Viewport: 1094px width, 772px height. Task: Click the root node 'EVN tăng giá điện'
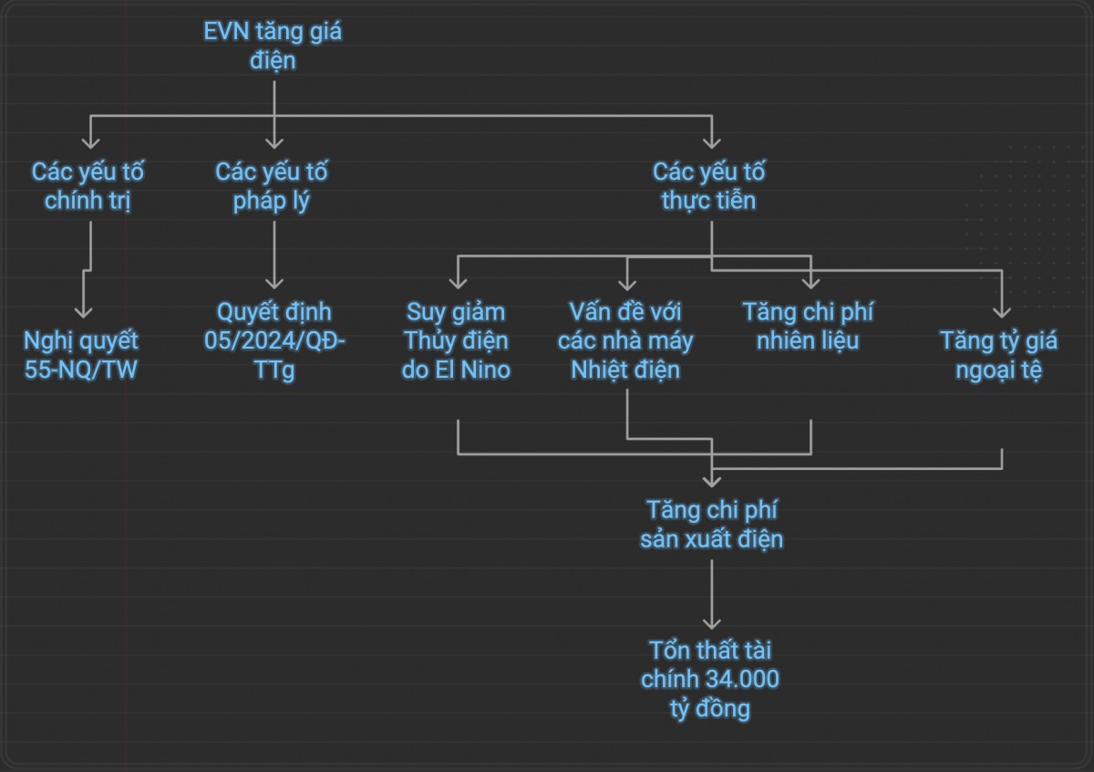pos(273,47)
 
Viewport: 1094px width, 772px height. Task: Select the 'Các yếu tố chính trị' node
pos(88,186)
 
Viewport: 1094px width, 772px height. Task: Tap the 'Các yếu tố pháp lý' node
pos(273,186)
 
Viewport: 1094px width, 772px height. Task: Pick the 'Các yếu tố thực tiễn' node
pos(709,186)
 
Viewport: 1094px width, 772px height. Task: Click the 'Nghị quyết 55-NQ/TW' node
pos(82,355)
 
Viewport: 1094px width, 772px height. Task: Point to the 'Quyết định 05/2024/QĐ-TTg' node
pos(274,340)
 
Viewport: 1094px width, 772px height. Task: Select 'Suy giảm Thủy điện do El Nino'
pos(457,340)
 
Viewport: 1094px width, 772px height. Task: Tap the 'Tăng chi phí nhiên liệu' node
pos(808,326)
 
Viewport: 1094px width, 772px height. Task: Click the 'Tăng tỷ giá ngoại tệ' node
pos(999,355)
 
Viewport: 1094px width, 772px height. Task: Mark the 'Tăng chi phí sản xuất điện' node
pos(712,524)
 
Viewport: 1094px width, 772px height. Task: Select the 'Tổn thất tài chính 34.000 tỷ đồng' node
pos(711,680)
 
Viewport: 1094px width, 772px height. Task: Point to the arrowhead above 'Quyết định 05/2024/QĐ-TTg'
pos(274,282)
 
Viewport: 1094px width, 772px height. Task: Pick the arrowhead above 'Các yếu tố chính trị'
pos(89,141)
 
